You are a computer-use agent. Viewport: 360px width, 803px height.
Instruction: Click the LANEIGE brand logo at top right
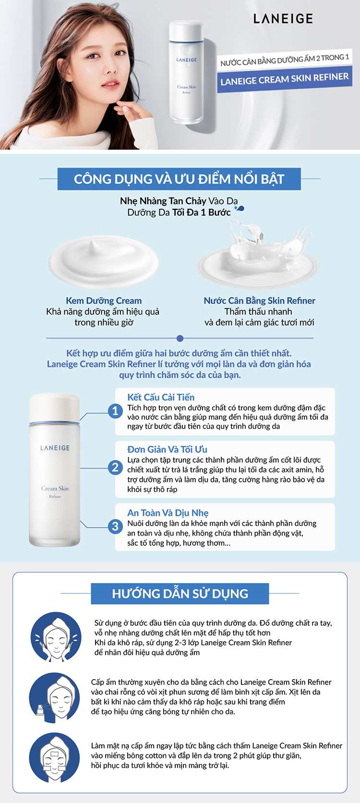coord(283,19)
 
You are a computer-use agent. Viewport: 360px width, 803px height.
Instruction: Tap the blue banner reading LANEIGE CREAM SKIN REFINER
coord(284,79)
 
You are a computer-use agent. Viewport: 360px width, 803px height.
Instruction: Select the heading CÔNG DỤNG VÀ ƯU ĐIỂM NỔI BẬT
coord(179,179)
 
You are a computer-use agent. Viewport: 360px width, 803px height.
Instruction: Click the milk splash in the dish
coord(258,254)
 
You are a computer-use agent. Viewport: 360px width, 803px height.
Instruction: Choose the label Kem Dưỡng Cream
coord(104,301)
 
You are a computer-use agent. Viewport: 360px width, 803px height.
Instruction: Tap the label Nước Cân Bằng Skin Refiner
coord(259,301)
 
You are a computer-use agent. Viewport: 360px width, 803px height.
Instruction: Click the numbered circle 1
coord(115,411)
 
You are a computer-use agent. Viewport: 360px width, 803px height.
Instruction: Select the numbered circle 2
coord(115,467)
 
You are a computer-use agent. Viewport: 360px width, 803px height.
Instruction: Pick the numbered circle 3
coord(115,526)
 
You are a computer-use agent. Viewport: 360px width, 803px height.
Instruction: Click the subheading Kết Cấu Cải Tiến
coord(161,397)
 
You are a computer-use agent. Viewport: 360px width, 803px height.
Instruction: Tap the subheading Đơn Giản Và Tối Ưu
coord(167,450)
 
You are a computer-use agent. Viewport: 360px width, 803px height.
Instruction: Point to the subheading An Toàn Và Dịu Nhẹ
coord(168,513)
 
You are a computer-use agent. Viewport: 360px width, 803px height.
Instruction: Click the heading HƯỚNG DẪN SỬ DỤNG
coord(180,594)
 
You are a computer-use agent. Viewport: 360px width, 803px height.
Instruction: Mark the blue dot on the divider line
coord(180,338)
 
